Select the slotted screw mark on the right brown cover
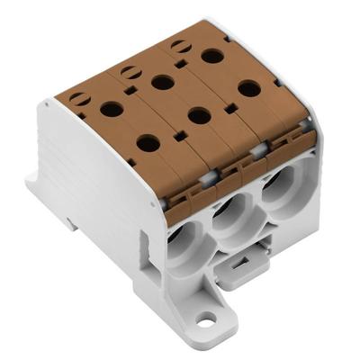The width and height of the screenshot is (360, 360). click(x=177, y=44)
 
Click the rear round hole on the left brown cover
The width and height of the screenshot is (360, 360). click(x=111, y=109)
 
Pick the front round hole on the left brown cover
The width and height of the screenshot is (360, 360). click(x=147, y=142)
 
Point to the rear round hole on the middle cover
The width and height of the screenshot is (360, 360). click(x=162, y=83)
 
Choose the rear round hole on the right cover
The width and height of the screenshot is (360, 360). click(x=212, y=56)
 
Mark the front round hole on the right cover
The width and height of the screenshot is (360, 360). click(x=248, y=88)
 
